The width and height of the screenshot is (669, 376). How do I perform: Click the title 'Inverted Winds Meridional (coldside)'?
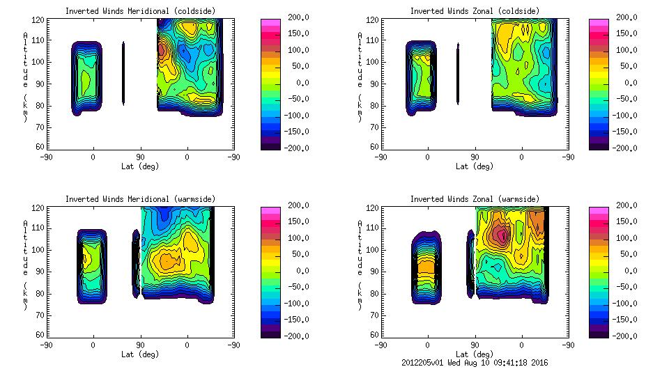(140, 11)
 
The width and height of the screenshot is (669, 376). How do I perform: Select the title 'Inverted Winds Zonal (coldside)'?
(475, 11)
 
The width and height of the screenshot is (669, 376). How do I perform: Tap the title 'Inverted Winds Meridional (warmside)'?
(140, 199)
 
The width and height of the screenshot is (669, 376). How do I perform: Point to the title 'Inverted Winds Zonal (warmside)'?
(475, 199)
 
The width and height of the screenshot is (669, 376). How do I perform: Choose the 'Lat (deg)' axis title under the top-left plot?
(140, 166)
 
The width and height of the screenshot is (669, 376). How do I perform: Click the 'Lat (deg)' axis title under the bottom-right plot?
(475, 354)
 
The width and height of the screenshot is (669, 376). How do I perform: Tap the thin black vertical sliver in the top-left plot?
(123, 73)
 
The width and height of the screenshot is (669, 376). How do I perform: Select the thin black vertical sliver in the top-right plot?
(458, 73)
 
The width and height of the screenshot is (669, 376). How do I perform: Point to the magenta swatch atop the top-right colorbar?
(598, 23)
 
